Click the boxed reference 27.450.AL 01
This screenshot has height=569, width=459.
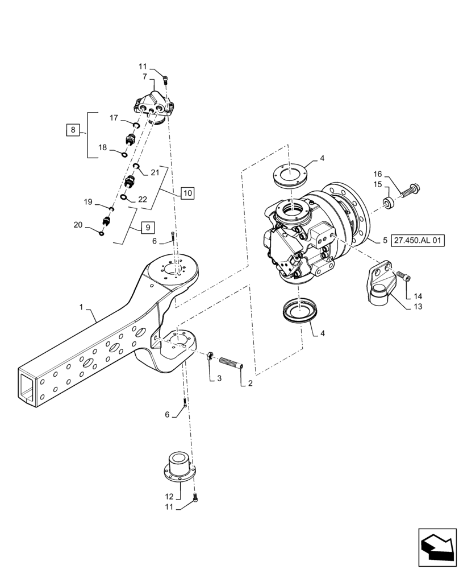click(418, 241)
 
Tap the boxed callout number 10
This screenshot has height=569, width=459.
click(188, 193)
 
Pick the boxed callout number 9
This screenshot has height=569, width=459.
click(147, 228)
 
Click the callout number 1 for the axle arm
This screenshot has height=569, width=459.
click(82, 307)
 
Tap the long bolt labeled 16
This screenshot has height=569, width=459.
click(408, 190)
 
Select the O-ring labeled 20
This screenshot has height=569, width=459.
click(102, 233)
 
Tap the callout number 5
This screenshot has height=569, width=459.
click(385, 241)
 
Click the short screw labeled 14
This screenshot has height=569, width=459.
click(404, 277)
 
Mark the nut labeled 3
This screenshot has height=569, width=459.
click(209, 357)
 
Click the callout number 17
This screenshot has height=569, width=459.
click(114, 118)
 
